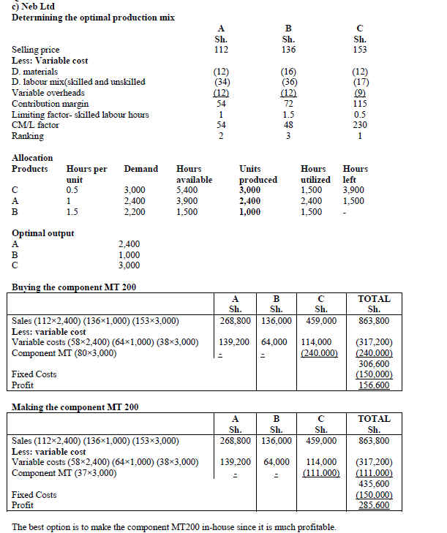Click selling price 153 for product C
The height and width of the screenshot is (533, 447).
coord(359,50)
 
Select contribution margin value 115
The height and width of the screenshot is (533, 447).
coord(359,104)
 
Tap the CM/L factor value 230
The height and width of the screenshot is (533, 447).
coord(359,125)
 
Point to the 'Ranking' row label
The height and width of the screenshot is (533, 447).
coord(28,136)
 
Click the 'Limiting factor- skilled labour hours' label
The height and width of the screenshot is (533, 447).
coord(80,115)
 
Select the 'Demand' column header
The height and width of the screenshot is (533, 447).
coord(140,169)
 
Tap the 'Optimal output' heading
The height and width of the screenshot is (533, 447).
coord(42,233)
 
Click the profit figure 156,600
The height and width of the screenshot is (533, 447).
coord(374,385)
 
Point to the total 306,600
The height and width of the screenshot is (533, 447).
coord(374,363)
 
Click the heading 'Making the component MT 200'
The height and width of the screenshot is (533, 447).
coord(75,407)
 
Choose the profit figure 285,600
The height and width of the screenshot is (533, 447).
coord(374,505)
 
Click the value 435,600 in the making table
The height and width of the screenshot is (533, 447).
coord(374,483)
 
